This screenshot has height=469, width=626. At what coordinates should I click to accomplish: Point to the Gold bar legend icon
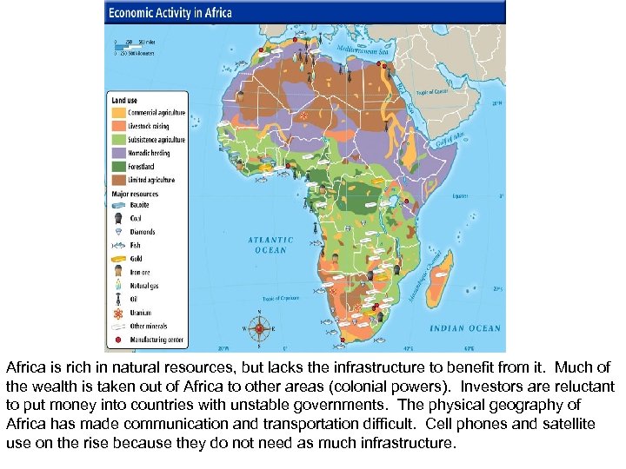(x=117, y=259)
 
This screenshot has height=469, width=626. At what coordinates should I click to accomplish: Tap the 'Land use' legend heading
(x=123, y=100)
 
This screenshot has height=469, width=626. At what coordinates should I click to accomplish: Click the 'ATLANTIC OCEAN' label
(x=270, y=245)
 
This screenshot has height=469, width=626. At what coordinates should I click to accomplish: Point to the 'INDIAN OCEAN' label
(x=465, y=328)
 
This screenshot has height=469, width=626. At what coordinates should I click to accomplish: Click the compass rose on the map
(x=259, y=329)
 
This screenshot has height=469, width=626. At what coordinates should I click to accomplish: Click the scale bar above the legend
(x=135, y=47)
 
